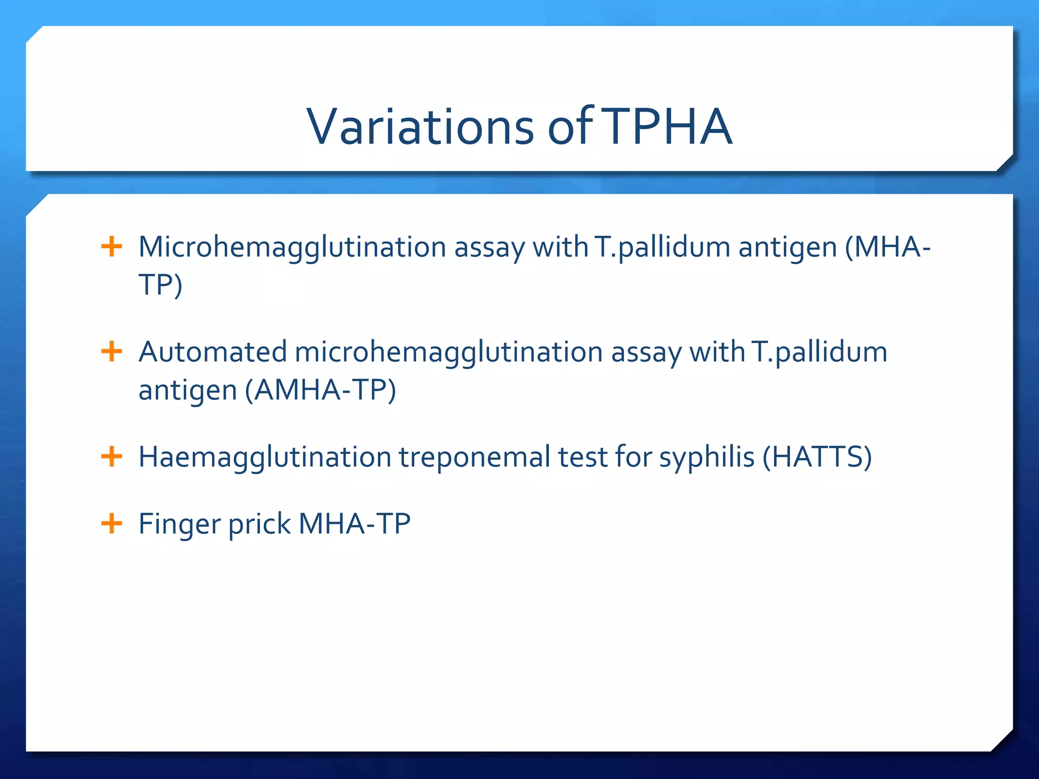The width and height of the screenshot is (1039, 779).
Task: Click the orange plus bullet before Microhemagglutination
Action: pyautogui.click(x=112, y=247)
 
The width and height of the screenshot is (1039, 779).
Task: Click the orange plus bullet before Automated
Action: pyautogui.click(x=112, y=351)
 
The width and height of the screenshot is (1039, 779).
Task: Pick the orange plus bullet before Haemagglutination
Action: pyautogui.click(x=112, y=456)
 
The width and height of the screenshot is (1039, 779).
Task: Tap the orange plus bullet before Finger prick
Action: pyautogui.click(x=112, y=523)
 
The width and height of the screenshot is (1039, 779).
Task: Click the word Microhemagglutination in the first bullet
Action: pyautogui.click(x=292, y=247)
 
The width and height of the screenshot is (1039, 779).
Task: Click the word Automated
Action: pyautogui.click(x=213, y=352)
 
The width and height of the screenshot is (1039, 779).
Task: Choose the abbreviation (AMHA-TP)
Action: pyautogui.click(x=320, y=390)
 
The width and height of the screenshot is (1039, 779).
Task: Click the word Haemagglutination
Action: pyautogui.click(x=264, y=457)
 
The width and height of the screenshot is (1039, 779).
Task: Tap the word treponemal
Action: pyautogui.click(x=474, y=457)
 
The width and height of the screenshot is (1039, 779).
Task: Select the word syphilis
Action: pyautogui.click(x=707, y=457)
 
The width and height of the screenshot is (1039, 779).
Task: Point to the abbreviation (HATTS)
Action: pyautogui.click(x=817, y=457)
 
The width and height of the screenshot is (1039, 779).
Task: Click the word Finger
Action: pyautogui.click(x=180, y=524)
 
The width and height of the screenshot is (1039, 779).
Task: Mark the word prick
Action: pyautogui.click(x=259, y=524)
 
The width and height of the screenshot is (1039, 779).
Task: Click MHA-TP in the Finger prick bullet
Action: pyautogui.click(x=354, y=524)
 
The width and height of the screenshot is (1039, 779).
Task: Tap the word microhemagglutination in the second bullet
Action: pyautogui.click(x=448, y=352)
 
